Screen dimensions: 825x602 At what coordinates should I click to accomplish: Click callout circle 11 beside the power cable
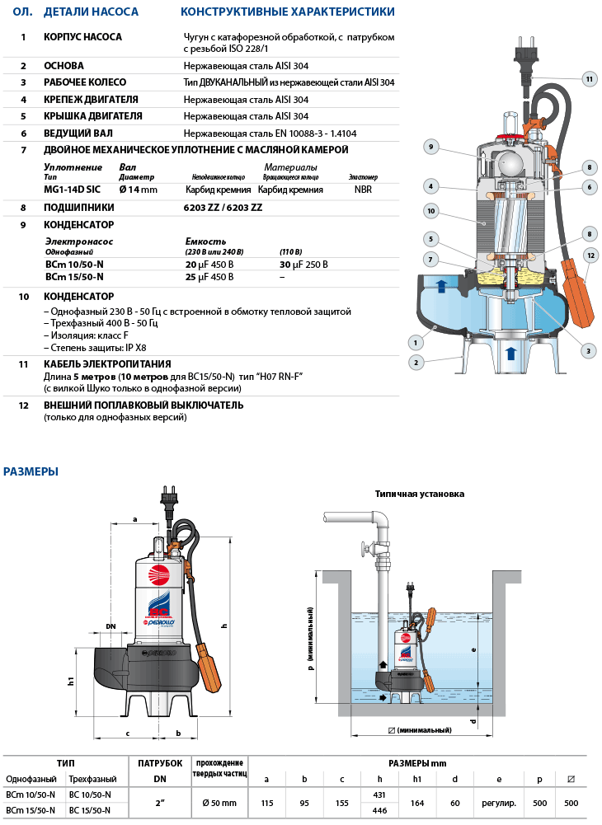point(589,79)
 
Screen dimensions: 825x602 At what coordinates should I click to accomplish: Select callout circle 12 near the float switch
point(589,255)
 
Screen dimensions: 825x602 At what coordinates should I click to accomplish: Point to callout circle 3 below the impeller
point(588,351)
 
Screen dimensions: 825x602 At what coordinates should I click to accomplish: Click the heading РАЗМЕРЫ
point(31,472)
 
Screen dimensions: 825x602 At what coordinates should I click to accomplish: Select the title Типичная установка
point(419,495)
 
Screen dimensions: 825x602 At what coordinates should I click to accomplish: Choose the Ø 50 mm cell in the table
point(219,802)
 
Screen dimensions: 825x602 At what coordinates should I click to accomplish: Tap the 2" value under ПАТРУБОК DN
point(159,802)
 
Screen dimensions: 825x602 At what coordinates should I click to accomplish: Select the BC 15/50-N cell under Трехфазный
point(89,810)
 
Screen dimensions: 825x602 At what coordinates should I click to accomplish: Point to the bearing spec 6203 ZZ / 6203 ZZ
point(223,207)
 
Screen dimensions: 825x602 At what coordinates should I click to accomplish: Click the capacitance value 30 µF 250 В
point(303,265)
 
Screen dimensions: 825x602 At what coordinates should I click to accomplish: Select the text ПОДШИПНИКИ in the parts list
point(79,207)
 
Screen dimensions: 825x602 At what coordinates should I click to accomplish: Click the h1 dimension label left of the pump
point(72,682)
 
